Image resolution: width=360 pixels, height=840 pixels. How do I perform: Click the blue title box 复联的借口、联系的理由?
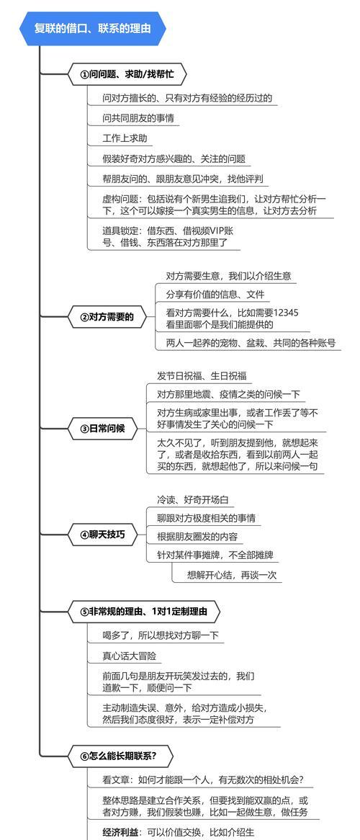click(x=93, y=28)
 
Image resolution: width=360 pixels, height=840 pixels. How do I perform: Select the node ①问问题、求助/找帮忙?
click(x=127, y=74)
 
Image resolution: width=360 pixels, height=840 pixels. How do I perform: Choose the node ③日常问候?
click(x=102, y=429)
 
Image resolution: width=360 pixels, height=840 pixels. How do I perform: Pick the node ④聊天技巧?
click(x=102, y=534)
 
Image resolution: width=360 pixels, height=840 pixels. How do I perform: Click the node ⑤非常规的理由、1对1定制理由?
click(x=144, y=611)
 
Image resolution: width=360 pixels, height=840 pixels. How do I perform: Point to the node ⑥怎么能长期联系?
click(x=120, y=756)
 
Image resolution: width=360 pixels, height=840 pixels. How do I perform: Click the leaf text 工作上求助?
click(x=125, y=138)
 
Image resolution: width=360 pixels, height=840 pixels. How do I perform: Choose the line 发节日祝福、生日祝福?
click(x=197, y=375)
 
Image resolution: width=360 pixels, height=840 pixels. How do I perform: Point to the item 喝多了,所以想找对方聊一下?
click(x=161, y=635)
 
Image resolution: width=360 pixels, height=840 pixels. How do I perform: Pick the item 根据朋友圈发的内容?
click(x=197, y=536)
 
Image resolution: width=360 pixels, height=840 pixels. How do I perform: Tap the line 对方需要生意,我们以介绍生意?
click(x=229, y=277)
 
